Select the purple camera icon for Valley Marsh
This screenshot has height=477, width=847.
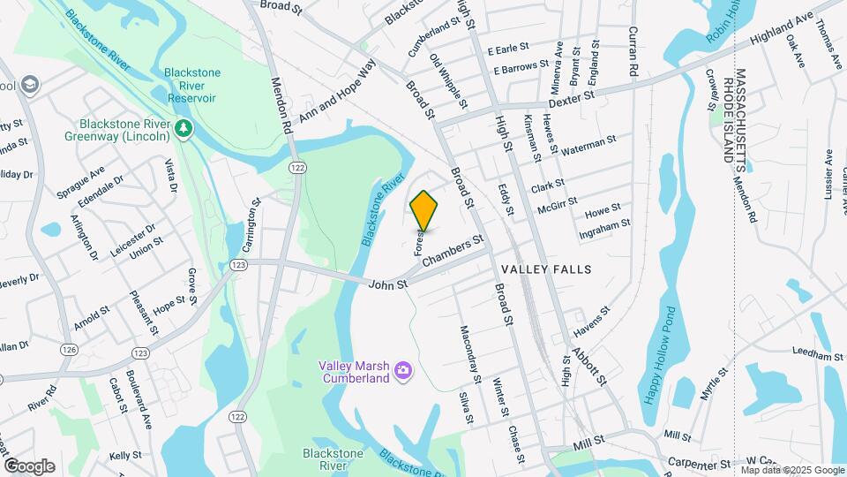[x=403, y=368]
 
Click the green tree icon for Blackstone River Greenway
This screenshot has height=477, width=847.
[x=184, y=130]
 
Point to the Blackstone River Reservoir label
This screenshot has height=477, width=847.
[x=197, y=85]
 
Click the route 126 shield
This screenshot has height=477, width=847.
[x=70, y=351]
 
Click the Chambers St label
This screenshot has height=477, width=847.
[x=453, y=250]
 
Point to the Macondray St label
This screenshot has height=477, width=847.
[x=468, y=354]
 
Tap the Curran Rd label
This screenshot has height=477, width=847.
[x=633, y=49]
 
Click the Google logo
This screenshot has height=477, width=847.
[x=29, y=466]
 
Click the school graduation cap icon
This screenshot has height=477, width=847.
[x=32, y=85]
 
